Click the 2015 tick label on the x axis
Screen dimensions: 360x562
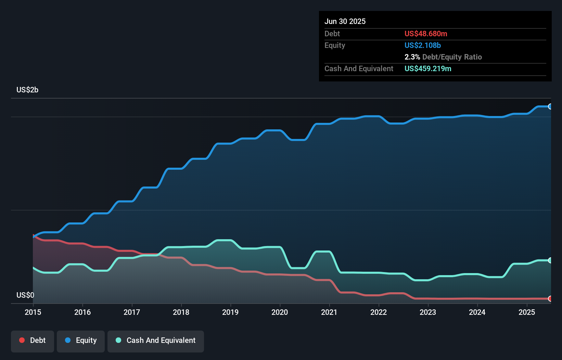pos(33,312)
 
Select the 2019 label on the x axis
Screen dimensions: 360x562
pos(230,312)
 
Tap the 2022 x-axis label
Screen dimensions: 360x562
pos(379,312)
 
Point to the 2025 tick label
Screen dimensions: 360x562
pos(526,312)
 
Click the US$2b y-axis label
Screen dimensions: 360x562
pos(27,90)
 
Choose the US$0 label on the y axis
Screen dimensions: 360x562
pos(25,295)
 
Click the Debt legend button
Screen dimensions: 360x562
pos(33,340)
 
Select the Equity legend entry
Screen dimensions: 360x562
pos(81,340)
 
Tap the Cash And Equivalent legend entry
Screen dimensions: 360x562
pos(156,340)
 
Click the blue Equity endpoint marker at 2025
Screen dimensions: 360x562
pos(550,106)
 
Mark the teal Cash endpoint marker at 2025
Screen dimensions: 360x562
pos(550,260)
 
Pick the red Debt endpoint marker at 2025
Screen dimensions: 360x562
pos(550,299)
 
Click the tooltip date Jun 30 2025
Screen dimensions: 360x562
pos(345,21)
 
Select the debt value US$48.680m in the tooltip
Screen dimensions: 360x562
pos(426,34)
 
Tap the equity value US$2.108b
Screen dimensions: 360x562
pos(423,45)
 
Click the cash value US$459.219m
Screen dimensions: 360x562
pos(428,68)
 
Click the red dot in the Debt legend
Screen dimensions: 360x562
pos(22,340)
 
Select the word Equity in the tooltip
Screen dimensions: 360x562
pos(335,45)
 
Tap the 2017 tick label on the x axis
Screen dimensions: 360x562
pos(132,312)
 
